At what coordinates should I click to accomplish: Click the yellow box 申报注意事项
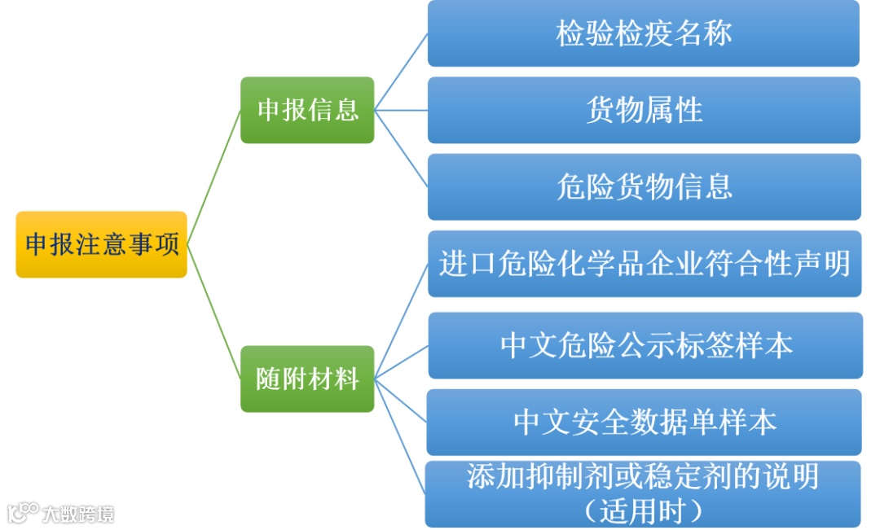click(101, 244)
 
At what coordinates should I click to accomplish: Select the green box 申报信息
click(307, 110)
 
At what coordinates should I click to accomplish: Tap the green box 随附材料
click(307, 379)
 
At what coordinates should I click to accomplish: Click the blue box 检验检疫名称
click(643, 33)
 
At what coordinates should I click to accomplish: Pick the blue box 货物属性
click(644, 110)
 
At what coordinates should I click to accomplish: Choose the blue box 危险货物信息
click(644, 186)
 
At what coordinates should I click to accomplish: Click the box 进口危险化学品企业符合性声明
click(644, 264)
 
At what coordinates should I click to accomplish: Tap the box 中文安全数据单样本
click(644, 422)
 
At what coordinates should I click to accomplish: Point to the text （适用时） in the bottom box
click(643, 511)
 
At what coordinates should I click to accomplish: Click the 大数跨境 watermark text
click(78, 514)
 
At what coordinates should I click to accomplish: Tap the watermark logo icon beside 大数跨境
click(23, 513)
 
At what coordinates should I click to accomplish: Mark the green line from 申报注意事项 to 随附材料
click(213, 312)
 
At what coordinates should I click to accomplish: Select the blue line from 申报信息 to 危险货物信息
click(401, 148)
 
